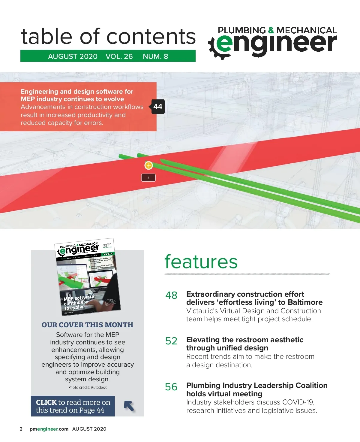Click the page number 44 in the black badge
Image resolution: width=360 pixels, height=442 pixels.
pyautogui.click(x=158, y=107)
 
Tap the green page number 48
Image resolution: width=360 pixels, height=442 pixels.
pyautogui.click(x=171, y=295)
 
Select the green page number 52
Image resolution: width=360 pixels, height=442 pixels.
pyautogui.click(x=171, y=341)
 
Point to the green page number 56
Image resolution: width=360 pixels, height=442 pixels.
pyautogui.click(x=171, y=387)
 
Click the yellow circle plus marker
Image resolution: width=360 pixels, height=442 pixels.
pyautogui.click(x=148, y=165)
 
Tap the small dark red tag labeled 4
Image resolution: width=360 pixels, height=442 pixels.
pyautogui.click(x=148, y=178)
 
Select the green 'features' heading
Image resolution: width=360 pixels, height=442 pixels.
pyautogui.click(x=201, y=262)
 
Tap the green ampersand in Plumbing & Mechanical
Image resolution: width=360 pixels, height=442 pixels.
pyautogui.click(x=271, y=30)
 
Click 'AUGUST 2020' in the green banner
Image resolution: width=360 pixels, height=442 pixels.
pyautogui.click(x=73, y=56)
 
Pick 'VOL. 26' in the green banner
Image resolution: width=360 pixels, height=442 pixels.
pyautogui.click(x=119, y=56)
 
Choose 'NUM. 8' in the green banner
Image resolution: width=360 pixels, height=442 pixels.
pyautogui.click(x=155, y=56)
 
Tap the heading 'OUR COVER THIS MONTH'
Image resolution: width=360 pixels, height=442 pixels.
pyautogui.click(x=88, y=325)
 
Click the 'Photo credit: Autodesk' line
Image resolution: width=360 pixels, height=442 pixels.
pyautogui.click(x=87, y=387)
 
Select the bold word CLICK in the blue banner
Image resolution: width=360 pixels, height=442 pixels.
pyautogui.click(x=46, y=402)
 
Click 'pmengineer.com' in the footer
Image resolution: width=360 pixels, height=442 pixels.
pyautogui.click(x=49, y=429)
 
